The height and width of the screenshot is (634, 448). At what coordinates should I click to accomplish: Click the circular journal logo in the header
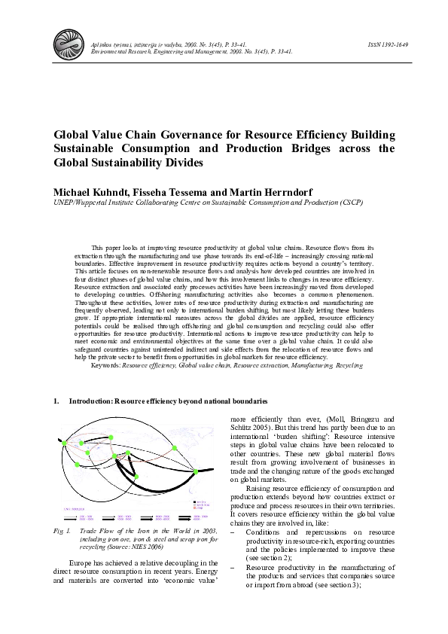coord(68,43)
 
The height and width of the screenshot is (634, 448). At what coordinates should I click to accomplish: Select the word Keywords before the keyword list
coord(105,364)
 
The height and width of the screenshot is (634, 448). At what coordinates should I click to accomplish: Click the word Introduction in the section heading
coord(90,402)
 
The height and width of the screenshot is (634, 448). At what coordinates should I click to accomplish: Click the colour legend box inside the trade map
coord(200,502)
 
